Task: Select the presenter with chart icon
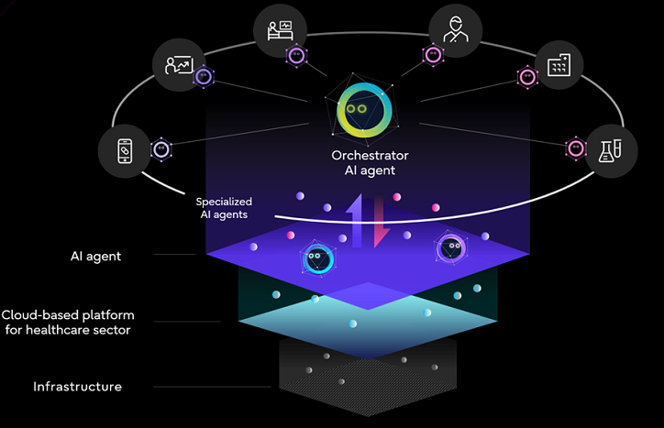click(x=178, y=65)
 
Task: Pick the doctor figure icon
click(x=453, y=29)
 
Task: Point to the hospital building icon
click(x=559, y=65)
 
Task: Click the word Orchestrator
click(x=370, y=156)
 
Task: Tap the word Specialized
click(x=224, y=201)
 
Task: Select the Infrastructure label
click(x=77, y=387)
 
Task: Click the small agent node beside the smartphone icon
click(x=160, y=148)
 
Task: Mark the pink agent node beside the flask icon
click(x=575, y=148)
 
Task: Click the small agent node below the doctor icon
click(x=432, y=56)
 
